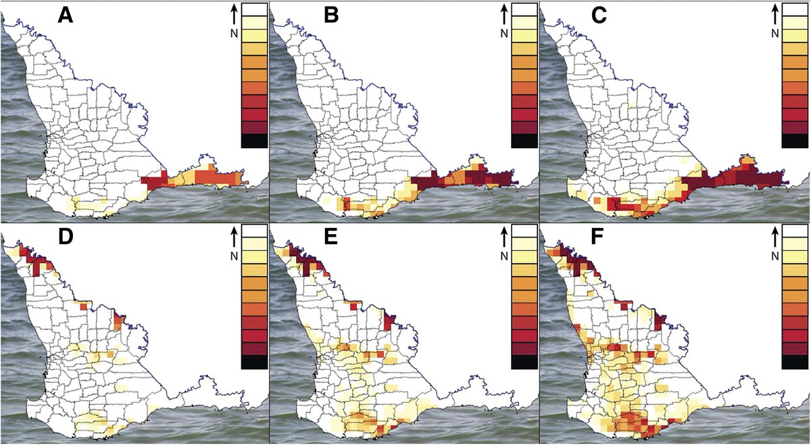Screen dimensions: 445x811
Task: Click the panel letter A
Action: pyautogui.click(x=65, y=14)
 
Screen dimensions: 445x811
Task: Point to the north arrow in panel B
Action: pyautogui.click(x=501, y=14)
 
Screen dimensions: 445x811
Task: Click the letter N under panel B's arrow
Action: pyautogui.click(x=501, y=33)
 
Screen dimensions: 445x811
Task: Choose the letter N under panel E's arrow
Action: pyautogui.click(x=501, y=256)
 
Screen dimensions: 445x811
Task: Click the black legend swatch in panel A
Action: pyautogui.click(x=253, y=141)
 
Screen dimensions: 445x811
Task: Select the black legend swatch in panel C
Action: pyautogui.click(x=794, y=141)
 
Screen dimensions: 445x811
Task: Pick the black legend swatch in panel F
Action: pyautogui.click(x=794, y=362)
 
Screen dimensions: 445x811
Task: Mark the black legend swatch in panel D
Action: pyautogui.click(x=253, y=362)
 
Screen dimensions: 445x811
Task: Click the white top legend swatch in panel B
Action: pyautogui.click(x=525, y=9)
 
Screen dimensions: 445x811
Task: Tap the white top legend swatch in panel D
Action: pyautogui.click(x=253, y=232)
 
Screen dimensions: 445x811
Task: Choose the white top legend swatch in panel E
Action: pyautogui.click(x=525, y=232)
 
